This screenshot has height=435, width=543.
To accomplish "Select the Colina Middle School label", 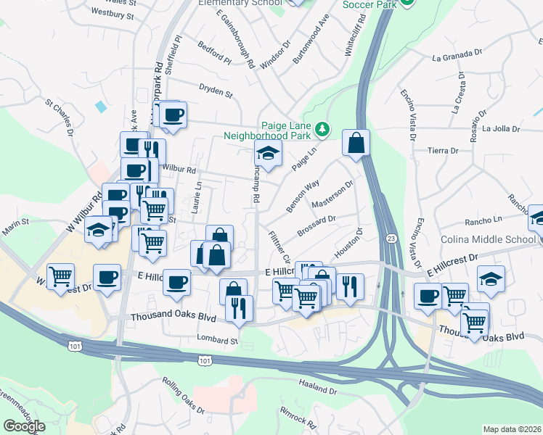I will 488,240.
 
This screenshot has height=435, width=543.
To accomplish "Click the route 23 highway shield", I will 391,239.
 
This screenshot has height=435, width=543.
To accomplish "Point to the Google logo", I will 24,426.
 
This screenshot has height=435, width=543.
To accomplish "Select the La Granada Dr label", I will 457,55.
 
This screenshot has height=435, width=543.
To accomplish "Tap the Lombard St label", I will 217,339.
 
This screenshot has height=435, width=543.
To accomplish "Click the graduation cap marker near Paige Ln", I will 267,154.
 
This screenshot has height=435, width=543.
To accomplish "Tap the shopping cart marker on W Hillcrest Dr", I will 61,275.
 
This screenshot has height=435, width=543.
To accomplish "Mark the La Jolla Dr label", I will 502,129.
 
